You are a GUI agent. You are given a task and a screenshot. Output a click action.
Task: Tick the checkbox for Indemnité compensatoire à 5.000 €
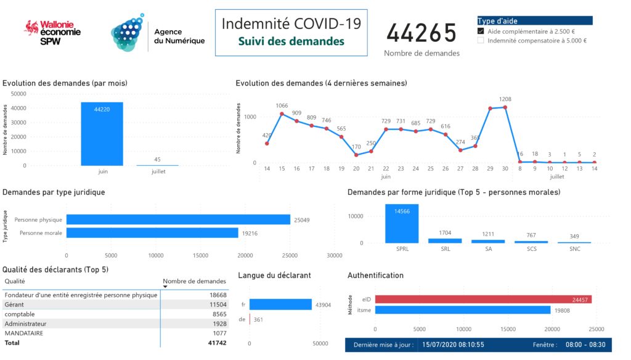(481, 41)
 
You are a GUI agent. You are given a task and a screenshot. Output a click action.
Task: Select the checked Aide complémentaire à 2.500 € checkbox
(481, 31)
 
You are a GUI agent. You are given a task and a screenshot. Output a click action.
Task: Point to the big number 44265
(421, 33)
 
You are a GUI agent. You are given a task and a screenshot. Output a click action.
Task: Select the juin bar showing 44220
(102, 134)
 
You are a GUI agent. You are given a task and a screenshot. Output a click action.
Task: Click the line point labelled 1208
(505, 107)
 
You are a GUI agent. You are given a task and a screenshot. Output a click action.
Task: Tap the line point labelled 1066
(282, 114)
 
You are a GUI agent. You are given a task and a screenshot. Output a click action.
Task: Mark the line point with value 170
(356, 155)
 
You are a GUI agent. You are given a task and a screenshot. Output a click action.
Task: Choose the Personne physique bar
(178, 219)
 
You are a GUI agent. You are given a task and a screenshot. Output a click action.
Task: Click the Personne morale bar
(152, 233)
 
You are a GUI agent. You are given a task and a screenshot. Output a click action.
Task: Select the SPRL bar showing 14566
(402, 223)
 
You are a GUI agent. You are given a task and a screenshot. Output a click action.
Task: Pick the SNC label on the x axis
(574, 249)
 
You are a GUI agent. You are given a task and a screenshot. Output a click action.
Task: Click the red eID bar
(483, 300)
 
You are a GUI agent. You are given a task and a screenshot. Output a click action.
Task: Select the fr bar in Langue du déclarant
(280, 305)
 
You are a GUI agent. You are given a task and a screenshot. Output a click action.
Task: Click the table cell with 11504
(210, 305)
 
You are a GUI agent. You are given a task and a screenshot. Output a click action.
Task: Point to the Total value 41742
(210, 342)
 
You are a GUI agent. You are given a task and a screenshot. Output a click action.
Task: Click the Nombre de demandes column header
(195, 281)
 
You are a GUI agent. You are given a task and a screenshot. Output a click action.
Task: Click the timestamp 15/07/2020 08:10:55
(453, 345)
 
